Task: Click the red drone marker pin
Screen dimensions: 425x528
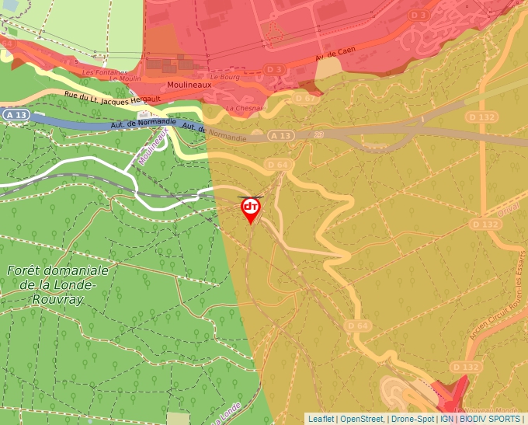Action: pyautogui.click(x=250, y=209)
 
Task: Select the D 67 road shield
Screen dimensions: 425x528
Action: pyautogui.click(x=305, y=99)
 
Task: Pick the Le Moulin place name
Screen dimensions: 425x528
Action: pyautogui.click(x=124, y=78)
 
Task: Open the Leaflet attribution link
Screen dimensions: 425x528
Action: pyautogui.click(x=321, y=419)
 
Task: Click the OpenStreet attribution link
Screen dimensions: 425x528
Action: pyautogui.click(x=361, y=419)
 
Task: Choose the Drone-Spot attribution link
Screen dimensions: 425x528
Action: pyautogui.click(x=412, y=419)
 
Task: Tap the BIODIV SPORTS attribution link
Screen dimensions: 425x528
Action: pyautogui.click(x=490, y=419)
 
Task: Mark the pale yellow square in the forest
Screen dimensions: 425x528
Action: pyautogui.click(x=178, y=418)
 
